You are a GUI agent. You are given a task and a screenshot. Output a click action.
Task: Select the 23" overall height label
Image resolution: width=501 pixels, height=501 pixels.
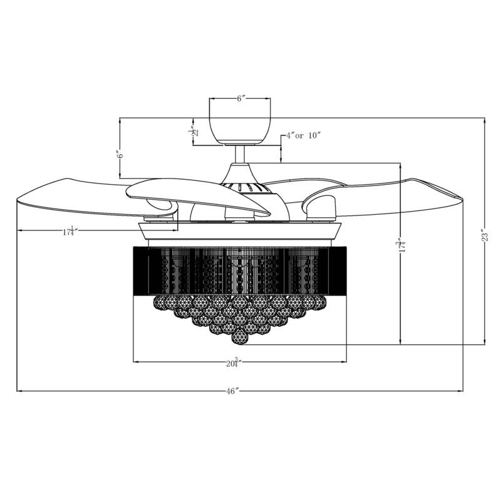point(483,236)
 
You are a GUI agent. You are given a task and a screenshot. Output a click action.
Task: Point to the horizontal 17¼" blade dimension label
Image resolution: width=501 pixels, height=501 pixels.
point(70,231)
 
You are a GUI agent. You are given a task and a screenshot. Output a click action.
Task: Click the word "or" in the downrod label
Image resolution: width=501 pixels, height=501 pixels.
point(301,135)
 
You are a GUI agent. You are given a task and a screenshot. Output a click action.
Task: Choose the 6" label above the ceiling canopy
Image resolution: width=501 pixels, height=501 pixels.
point(240,99)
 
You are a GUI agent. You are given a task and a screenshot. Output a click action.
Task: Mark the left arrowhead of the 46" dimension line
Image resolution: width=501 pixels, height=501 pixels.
point(19,391)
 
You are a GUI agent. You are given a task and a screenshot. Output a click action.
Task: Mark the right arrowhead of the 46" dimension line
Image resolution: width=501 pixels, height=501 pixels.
point(462,391)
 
